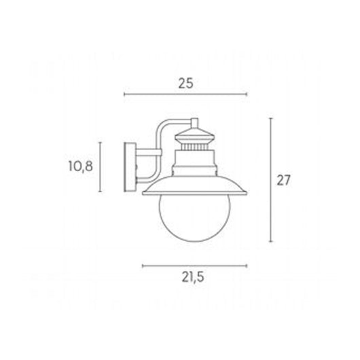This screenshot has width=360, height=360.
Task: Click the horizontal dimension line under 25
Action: tap(186, 94)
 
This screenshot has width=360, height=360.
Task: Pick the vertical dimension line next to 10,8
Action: tap(101, 167)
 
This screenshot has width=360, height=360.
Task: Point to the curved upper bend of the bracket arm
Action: tap(163, 127)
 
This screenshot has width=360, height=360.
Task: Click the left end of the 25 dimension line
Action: tap(124, 94)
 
